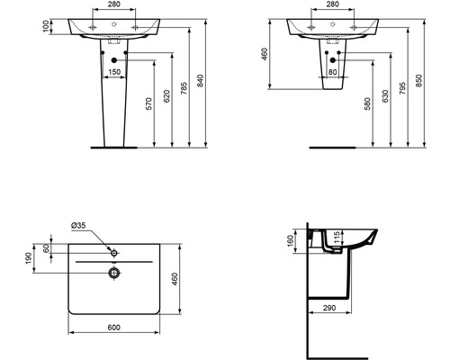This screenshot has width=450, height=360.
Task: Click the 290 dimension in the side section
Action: (x=329, y=308)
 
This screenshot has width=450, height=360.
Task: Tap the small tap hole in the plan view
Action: (x=114, y=249)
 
